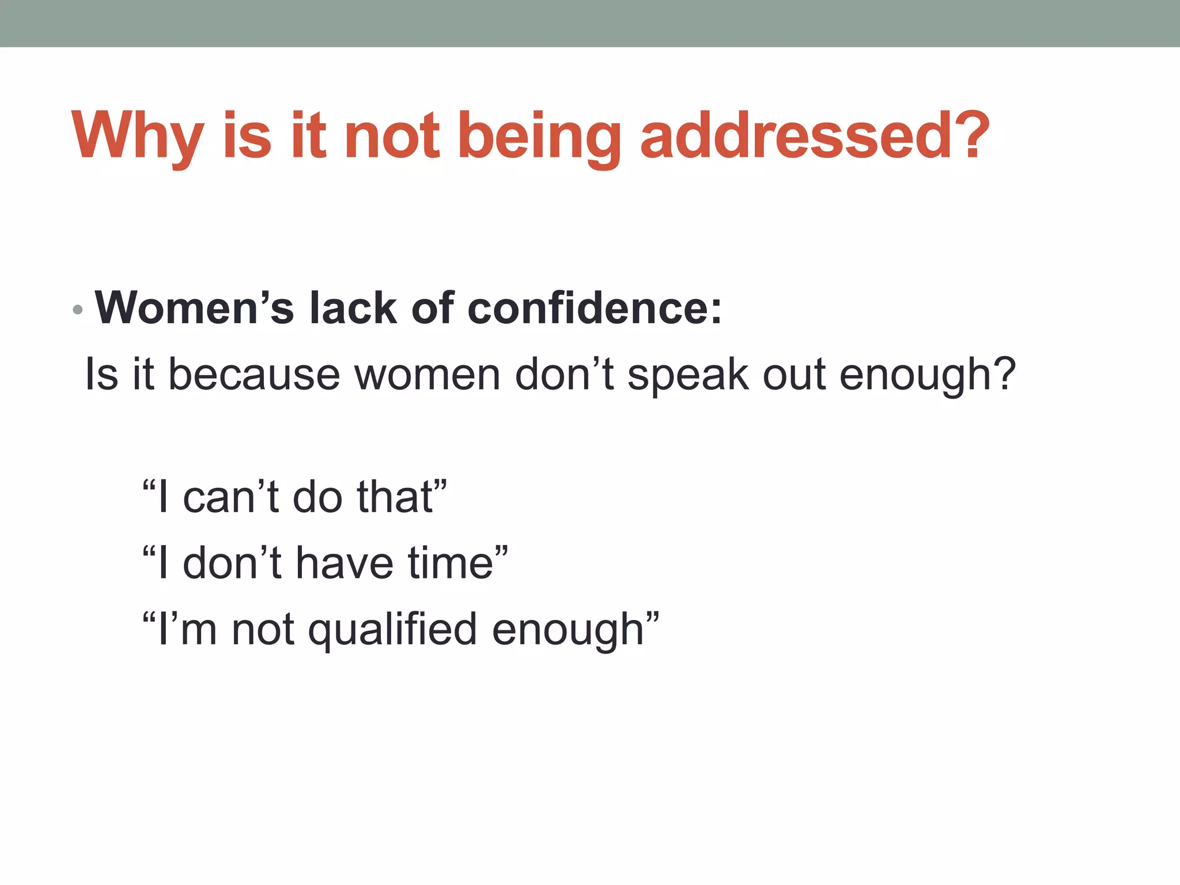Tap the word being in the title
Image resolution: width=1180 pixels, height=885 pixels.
tap(539, 137)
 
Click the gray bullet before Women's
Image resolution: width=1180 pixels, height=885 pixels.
tap(78, 310)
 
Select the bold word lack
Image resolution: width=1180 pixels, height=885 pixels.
tap(353, 308)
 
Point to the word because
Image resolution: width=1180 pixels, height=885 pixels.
tap(254, 375)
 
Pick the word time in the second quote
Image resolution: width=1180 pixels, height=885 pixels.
tap(450, 563)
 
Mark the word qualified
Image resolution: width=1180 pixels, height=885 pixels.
tap(392, 630)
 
